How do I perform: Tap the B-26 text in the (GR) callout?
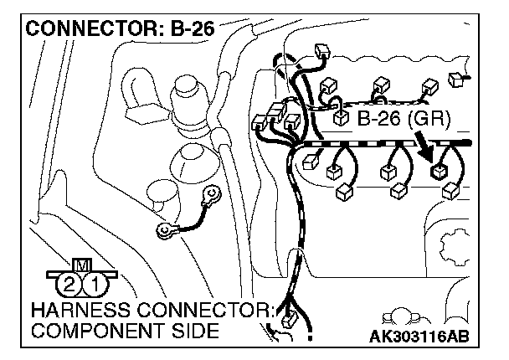click(378, 120)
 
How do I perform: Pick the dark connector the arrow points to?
click(437, 172)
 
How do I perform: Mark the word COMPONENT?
click(91, 332)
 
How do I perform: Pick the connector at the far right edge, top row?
click(456, 79)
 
